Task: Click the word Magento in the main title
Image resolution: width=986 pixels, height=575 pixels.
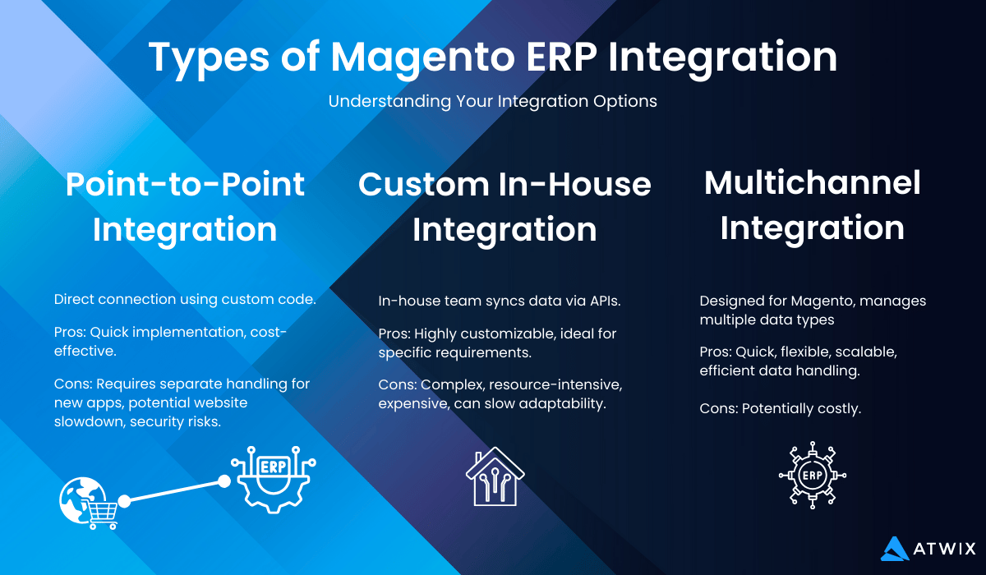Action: [x=423, y=58]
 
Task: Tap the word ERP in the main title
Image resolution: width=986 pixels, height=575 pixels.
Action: [x=562, y=57]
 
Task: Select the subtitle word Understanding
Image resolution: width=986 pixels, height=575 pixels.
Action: [x=389, y=102]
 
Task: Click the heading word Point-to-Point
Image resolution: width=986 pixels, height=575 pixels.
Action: [x=185, y=184]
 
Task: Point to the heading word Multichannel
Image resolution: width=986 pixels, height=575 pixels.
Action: [x=812, y=182]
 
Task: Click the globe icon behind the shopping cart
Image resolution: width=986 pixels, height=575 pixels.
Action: [x=81, y=499]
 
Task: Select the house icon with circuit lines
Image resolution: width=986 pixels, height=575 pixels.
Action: [x=495, y=476]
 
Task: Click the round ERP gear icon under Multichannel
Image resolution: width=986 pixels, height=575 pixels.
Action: [x=812, y=475]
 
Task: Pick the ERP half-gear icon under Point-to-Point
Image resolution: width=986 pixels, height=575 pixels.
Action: [x=274, y=480]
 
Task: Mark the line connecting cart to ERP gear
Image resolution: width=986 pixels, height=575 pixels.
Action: [x=174, y=491]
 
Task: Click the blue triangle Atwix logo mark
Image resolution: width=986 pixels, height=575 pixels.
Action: [x=895, y=549]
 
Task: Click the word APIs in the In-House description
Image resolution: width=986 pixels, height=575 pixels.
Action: [x=606, y=301]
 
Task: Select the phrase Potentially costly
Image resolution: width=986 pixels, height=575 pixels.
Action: [x=801, y=409]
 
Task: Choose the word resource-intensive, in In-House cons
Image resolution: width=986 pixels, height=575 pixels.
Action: [x=555, y=385]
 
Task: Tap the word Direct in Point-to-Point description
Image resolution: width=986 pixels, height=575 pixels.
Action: [x=74, y=299]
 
